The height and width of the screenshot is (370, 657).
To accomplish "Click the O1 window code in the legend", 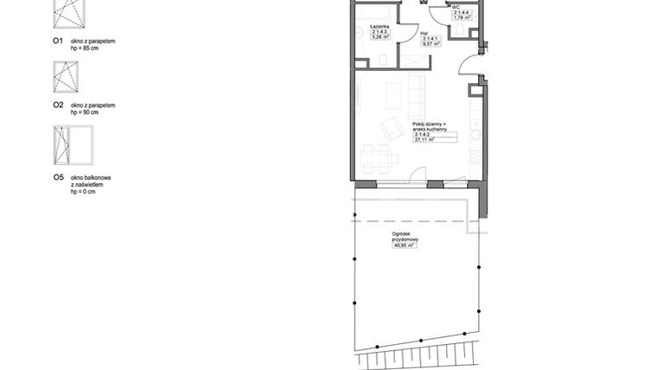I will (x=58, y=41).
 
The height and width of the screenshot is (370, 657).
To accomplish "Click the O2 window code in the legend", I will (x=58, y=105).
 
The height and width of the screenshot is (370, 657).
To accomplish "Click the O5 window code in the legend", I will (x=58, y=177).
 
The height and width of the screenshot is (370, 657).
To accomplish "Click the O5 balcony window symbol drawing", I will (x=72, y=148).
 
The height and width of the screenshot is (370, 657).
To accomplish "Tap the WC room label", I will (x=455, y=6).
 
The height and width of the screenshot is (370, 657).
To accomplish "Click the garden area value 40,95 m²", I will (x=404, y=246).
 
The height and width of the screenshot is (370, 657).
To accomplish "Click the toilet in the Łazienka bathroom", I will (x=381, y=60).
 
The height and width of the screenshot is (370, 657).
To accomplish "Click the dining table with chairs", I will (x=379, y=158).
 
